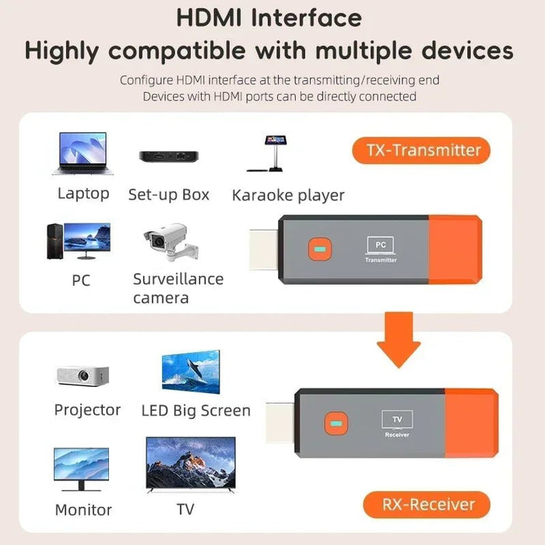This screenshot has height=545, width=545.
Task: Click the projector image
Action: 83,375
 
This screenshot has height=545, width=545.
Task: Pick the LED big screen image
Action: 191,371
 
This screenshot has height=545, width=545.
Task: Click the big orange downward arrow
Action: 398,339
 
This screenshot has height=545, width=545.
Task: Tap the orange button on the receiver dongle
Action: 336,423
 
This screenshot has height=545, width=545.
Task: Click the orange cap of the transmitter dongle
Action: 454,250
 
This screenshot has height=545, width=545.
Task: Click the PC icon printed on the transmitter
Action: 381,245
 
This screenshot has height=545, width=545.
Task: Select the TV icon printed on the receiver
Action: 397,420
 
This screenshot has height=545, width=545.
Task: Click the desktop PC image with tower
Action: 79,242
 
